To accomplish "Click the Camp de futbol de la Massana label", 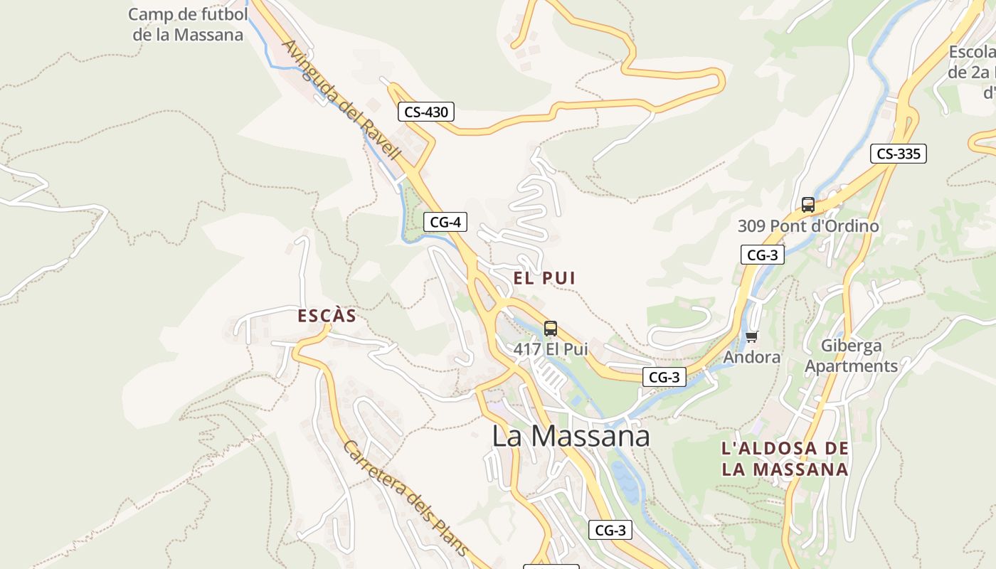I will point(188,24).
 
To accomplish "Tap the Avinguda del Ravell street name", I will point(341,100).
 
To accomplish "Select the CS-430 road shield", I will point(425,112).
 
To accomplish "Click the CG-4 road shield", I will point(445,222).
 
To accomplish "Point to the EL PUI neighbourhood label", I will point(544,278).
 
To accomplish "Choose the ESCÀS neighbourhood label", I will point(327,316).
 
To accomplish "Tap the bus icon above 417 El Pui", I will point(551,329).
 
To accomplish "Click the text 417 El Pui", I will point(551,349).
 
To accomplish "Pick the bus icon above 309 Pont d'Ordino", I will point(808,205).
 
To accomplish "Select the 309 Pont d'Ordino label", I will point(808,226).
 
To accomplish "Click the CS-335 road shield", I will point(898,153).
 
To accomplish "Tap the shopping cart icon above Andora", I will point(752,336).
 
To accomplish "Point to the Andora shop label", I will point(752,356).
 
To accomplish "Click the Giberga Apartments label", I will point(852,356).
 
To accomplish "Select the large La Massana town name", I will point(571,435).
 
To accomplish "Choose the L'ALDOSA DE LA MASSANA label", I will point(785,459).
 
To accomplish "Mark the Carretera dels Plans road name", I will point(406,498).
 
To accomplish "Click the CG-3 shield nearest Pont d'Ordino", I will point(762,255).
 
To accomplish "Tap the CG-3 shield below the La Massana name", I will point(610,530).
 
